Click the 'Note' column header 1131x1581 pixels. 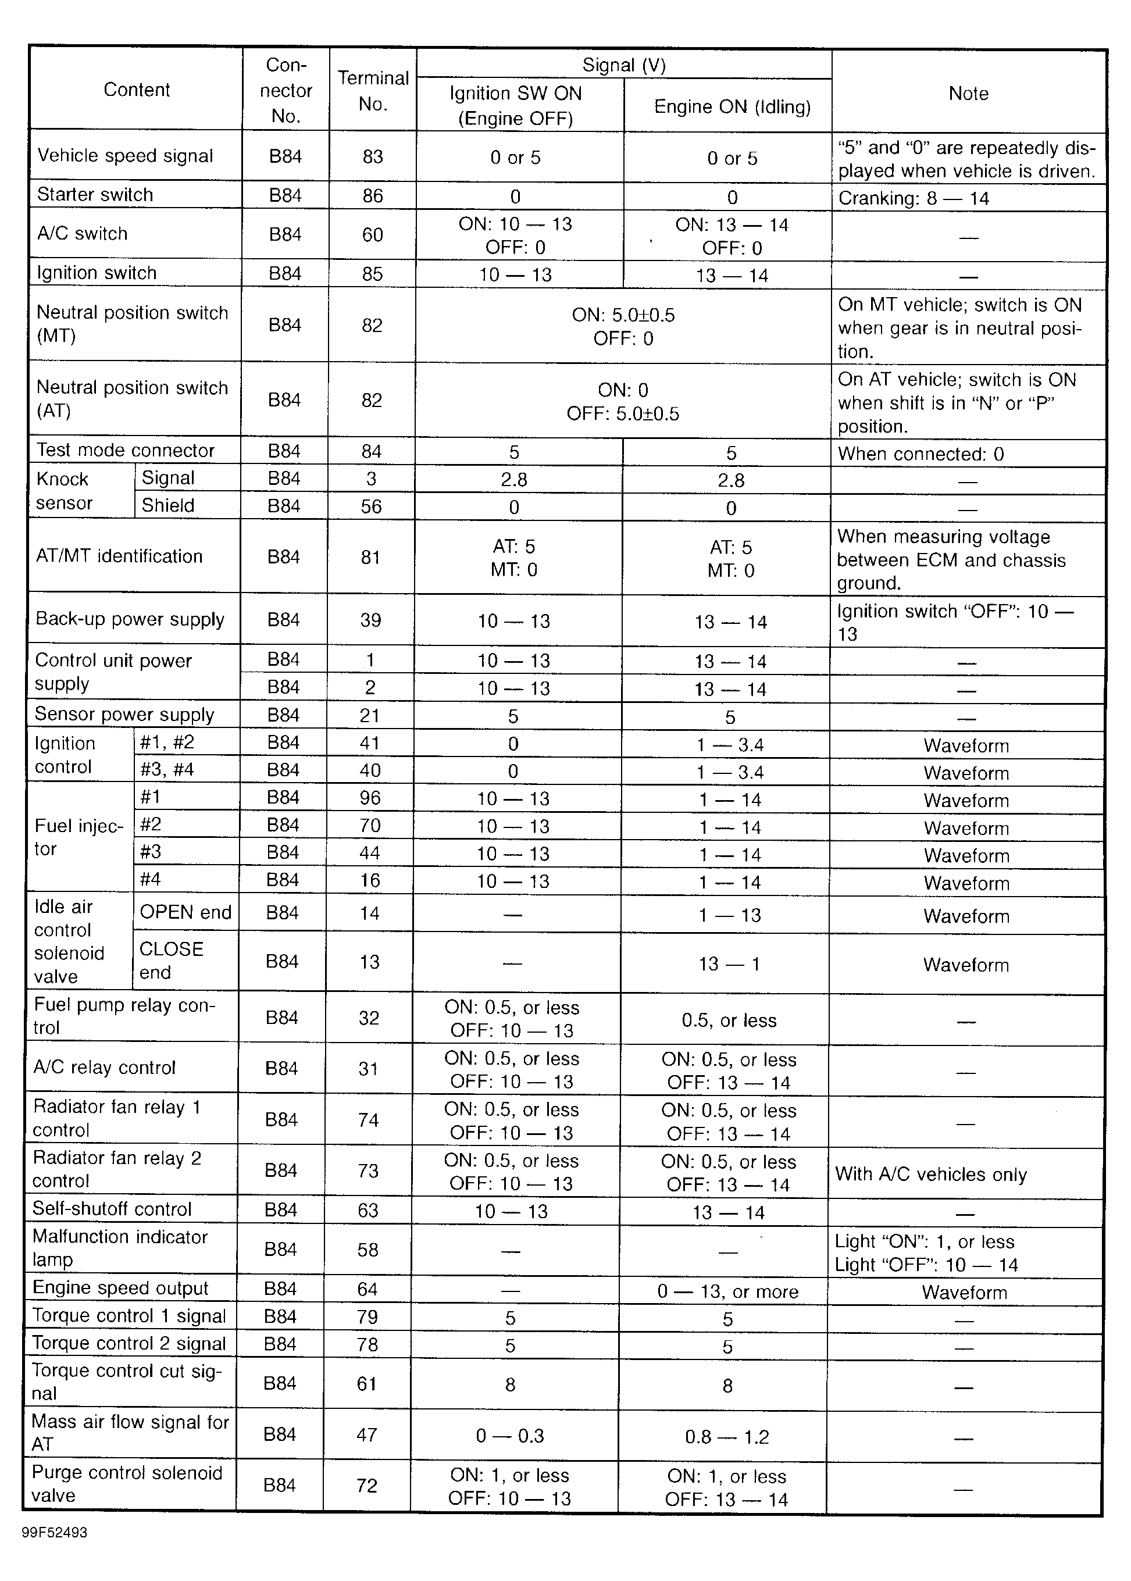pyautogui.click(x=968, y=94)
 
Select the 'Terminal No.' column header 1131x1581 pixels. pyautogui.click(x=373, y=91)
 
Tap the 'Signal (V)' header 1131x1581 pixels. pyautogui.click(x=623, y=65)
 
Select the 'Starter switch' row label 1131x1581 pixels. pyautogui.click(x=95, y=194)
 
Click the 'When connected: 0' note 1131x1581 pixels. pyautogui.click(x=920, y=454)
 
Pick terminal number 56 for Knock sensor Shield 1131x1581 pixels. pyautogui.click(x=371, y=506)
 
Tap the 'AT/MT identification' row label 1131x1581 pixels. pyautogui.click(x=119, y=556)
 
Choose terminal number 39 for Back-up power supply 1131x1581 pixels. pyautogui.click(x=370, y=620)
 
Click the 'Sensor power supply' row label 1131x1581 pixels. pyautogui.click(x=124, y=715)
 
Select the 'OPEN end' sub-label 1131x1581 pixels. pyautogui.click(x=185, y=912)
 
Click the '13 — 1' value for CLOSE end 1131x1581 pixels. pyautogui.click(x=729, y=964)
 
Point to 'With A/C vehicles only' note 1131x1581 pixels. pyautogui.click(x=930, y=1174)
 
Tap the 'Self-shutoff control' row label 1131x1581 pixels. pyautogui.click(x=112, y=1209)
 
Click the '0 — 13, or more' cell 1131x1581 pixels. pyautogui.click(x=727, y=1292)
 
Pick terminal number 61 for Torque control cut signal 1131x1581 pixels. pyautogui.click(x=367, y=1384)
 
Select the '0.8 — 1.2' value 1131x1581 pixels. pyautogui.click(x=726, y=1437)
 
